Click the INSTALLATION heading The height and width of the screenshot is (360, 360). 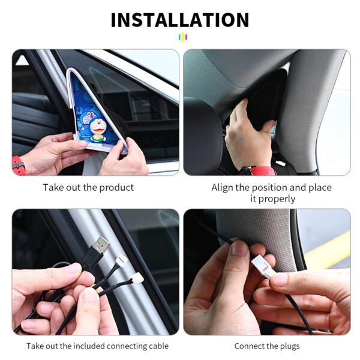180,20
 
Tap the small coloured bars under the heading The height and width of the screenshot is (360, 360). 183,37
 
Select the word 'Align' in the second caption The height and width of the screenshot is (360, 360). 223,188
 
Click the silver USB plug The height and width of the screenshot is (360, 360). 101,244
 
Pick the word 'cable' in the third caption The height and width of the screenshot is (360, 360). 158,346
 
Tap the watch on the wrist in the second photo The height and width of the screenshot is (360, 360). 258,170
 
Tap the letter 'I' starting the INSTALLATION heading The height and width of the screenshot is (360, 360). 114,20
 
